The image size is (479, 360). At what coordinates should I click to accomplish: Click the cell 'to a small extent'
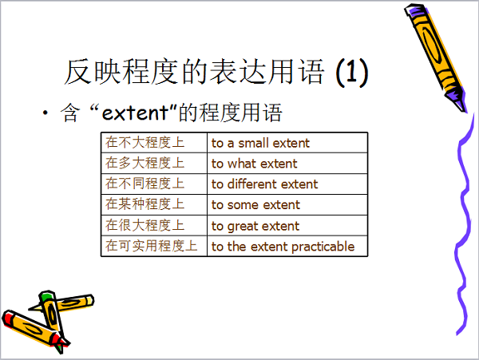[x=287, y=143]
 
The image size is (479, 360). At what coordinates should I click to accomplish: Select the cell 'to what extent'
[x=287, y=164]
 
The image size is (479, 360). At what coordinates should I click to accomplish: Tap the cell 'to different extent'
[x=287, y=184]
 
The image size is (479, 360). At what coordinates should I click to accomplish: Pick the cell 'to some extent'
[x=287, y=204]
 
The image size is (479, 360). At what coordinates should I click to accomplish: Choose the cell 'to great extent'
[x=287, y=225]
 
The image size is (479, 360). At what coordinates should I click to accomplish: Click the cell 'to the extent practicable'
[x=287, y=246]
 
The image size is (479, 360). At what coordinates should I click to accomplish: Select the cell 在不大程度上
[x=154, y=143]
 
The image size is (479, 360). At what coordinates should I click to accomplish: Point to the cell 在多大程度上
[x=154, y=164]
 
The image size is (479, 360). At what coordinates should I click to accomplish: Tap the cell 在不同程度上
[x=154, y=184]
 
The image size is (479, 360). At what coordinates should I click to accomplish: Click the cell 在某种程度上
[x=154, y=204]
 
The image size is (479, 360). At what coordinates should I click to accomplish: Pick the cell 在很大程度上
[x=154, y=225]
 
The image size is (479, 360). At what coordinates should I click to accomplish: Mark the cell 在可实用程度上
[x=154, y=246]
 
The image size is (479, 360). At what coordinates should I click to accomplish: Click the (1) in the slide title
[x=351, y=73]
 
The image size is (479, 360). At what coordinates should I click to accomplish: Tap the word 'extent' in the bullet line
[x=136, y=113]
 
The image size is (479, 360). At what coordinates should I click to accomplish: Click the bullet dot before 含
[x=46, y=113]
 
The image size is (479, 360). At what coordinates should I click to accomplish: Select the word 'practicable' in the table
[x=323, y=247]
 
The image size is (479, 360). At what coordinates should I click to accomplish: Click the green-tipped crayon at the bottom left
[x=52, y=318]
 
